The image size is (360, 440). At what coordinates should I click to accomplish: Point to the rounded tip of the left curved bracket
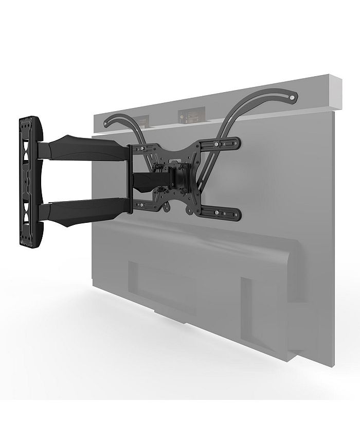pos(107,122)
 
